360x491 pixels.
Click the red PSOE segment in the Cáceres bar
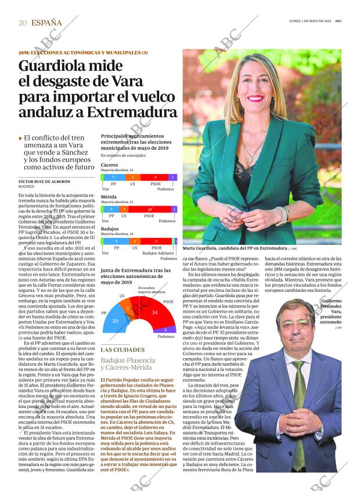click(155, 177)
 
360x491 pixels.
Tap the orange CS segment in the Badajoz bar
click(135, 240)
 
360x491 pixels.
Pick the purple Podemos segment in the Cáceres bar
click(172, 177)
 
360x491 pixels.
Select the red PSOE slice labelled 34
click(155, 313)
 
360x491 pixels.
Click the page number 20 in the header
click(23, 23)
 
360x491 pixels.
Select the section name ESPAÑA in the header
click(46, 23)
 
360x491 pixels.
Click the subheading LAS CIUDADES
click(123, 349)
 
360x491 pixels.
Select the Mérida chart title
click(109, 197)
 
